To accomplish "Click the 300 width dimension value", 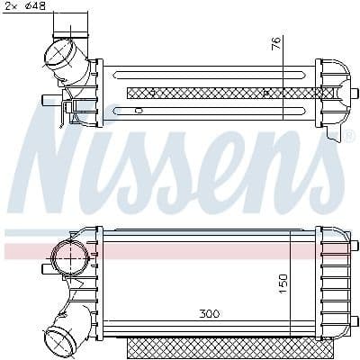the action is [x=210, y=314].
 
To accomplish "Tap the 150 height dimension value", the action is [x=283, y=283].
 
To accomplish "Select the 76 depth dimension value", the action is [x=276, y=43].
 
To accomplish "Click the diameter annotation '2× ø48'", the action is [x=25, y=6].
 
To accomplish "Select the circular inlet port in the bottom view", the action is [x=70, y=257].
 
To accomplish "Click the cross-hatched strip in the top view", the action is [x=230, y=93].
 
